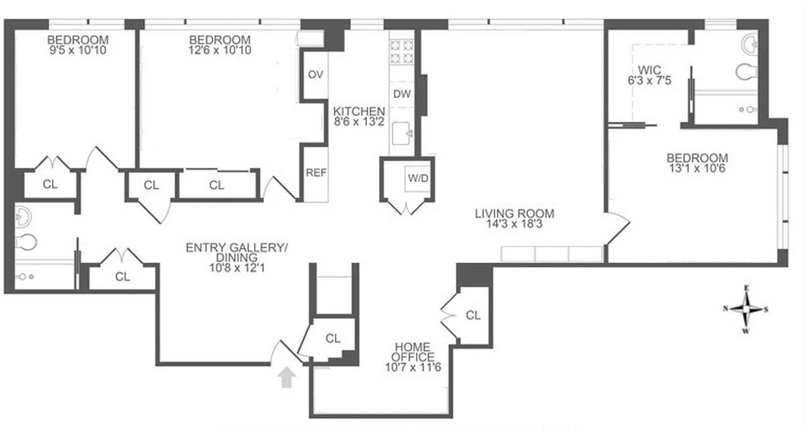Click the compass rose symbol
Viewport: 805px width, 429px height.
click(746, 309)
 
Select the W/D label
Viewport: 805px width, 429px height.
click(419, 178)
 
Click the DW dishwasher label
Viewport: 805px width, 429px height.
click(402, 94)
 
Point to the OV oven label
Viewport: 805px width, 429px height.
click(316, 75)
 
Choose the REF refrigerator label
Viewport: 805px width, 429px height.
click(316, 173)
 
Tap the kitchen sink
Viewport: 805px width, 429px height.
click(401, 133)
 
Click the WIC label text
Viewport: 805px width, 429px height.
click(650, 70)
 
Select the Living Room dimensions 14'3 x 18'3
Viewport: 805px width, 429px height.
click(514, 225)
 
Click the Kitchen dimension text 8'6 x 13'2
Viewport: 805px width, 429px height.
click(359, 122)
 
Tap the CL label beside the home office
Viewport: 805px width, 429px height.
click(473, 315)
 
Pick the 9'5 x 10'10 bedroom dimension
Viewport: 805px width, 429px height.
click(78, 50)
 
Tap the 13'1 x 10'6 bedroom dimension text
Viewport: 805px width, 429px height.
click(697, 168)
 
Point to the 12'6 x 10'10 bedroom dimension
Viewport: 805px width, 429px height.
click(220, 50)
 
